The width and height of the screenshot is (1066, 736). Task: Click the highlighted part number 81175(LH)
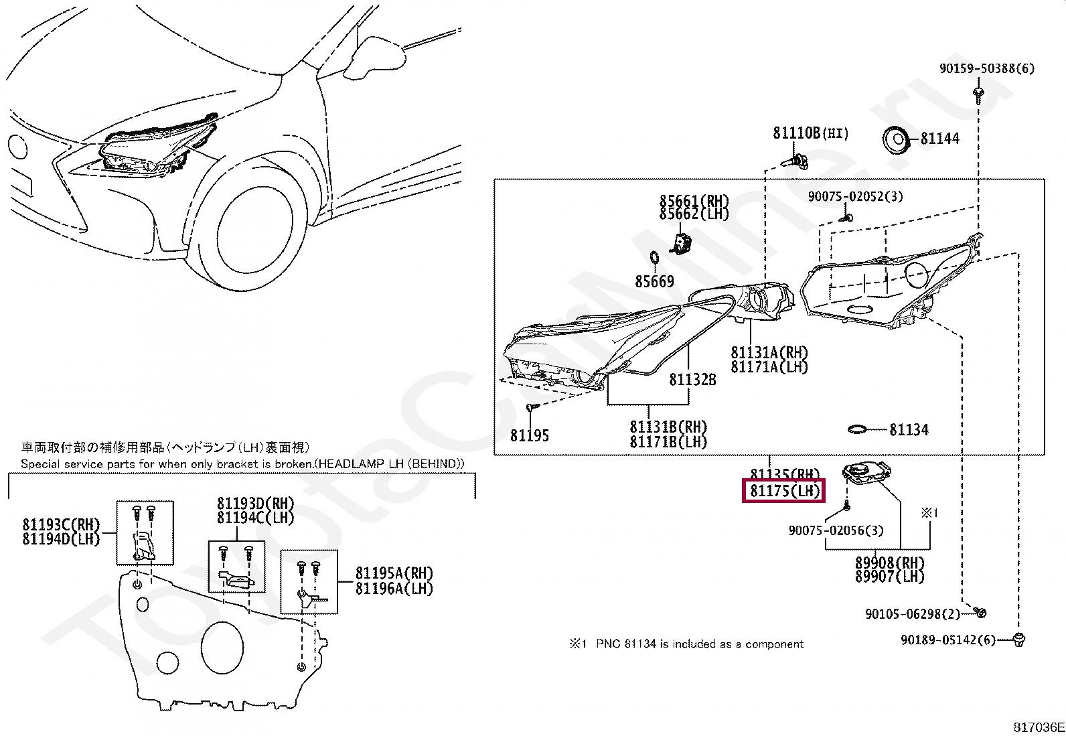784,491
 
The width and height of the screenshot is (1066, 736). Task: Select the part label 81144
939,139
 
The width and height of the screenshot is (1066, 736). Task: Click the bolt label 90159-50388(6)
986,68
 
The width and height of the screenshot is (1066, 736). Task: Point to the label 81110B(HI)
810,133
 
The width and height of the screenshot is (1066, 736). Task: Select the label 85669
654,282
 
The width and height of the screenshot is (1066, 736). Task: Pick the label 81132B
692,380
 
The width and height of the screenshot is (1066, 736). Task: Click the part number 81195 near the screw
529,436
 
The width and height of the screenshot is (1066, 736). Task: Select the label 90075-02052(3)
855,196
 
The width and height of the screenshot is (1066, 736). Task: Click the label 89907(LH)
889,577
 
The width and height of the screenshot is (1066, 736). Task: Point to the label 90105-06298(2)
912,614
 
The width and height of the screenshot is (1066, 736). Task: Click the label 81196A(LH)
394,589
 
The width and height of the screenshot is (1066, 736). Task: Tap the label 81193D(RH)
255,504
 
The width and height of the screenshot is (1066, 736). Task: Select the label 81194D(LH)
60,538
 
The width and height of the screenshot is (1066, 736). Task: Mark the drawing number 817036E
1038,727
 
